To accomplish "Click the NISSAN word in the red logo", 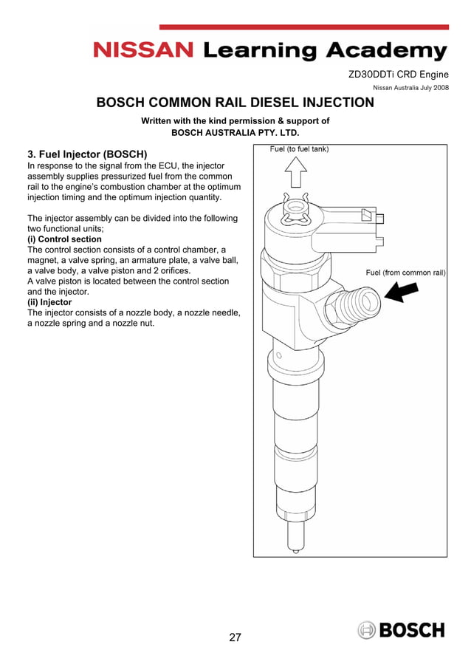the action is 143,50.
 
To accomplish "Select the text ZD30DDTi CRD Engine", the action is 397,75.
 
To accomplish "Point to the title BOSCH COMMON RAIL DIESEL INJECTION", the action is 235,103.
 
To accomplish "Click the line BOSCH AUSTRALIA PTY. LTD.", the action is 235,133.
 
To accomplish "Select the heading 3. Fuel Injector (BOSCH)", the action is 87,154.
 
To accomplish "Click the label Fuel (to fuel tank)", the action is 299,149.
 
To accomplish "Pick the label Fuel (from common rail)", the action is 406,273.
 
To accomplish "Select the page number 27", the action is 235,637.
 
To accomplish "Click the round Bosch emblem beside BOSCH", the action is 367,630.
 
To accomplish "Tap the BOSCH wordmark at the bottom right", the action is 412,630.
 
